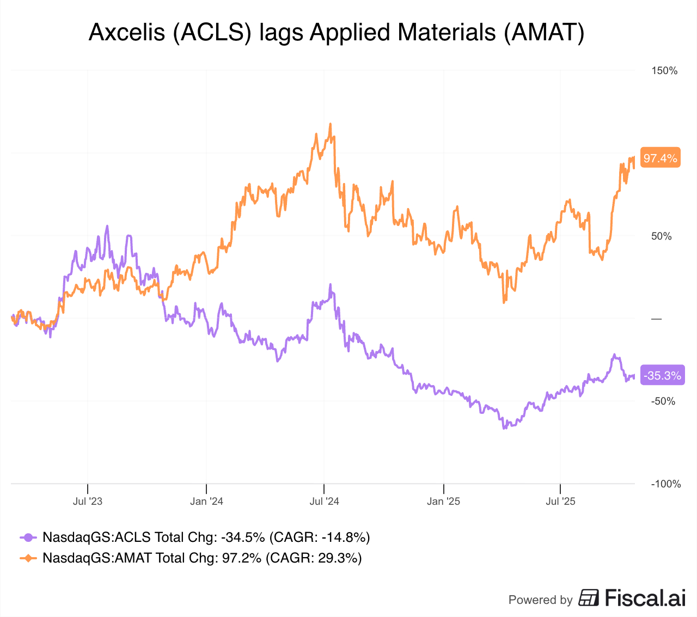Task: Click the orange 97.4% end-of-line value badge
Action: [660, 158]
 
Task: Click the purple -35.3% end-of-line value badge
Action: [662, 375]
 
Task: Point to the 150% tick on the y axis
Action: [664, 71]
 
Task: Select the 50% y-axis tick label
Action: [662, 236]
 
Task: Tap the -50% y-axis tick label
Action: [663, 401]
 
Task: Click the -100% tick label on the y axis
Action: [665, 484]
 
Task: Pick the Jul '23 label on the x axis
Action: [88, 501]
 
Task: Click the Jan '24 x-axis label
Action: [206, 501]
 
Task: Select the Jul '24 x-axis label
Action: [324, 501]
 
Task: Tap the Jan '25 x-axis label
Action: [443, 501]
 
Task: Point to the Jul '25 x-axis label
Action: [560, 501]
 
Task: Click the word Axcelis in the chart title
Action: [127, 33]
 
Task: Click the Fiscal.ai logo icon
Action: [588, 598]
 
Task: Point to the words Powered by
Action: [540, 600]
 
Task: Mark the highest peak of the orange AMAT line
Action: [330, 124]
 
